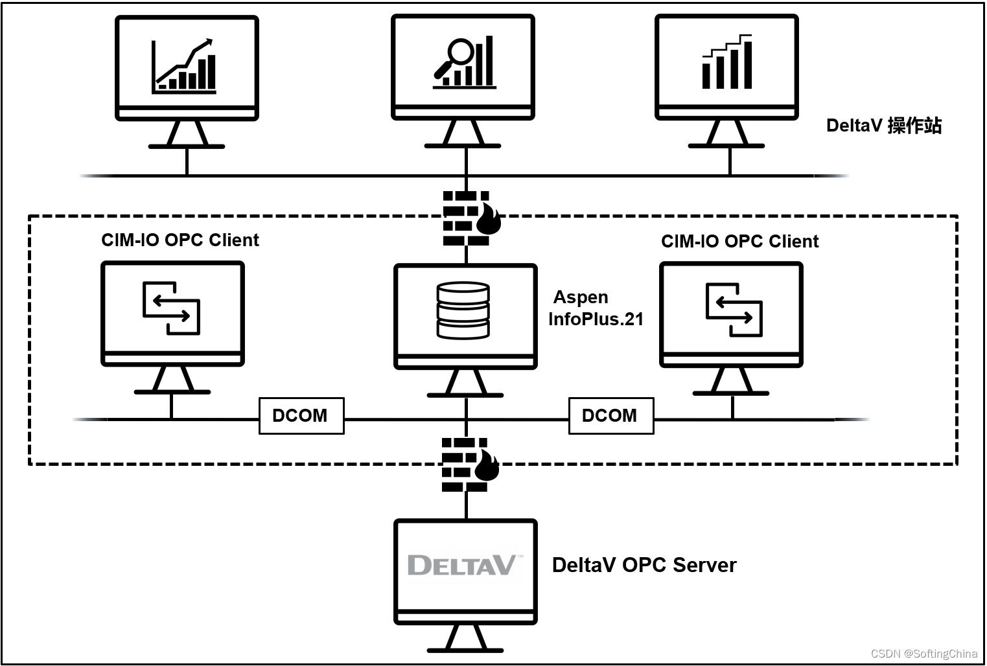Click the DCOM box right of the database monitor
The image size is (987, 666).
tap(610, 416)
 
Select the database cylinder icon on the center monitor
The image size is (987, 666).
tap(463, 310)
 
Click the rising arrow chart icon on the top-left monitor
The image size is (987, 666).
tap(184, 66)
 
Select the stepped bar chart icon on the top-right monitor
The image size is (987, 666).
tap(727, 62)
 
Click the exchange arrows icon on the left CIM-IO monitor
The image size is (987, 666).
tap(171, 308)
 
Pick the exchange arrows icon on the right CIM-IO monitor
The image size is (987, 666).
tap(734, 310)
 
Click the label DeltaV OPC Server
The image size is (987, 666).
tap(644, 565)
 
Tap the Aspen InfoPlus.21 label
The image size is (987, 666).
tap(595, 308)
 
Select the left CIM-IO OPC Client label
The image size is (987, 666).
tap(180, 240)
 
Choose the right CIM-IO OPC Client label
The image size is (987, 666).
tap(739, 242)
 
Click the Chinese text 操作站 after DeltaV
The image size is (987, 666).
tap(914, 126)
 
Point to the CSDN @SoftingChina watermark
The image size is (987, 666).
tap(923, 653)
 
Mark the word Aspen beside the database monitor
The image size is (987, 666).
tap(581, 297)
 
